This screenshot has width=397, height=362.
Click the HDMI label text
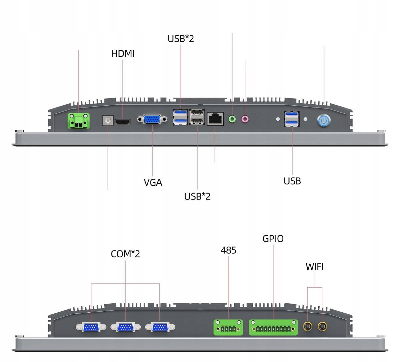point(123,54)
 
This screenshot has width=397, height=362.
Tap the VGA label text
point(153,182)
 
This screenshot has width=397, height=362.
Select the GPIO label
point(273,239)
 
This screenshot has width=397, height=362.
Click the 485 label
point(228,250)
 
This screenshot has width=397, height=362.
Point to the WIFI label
point(314,266)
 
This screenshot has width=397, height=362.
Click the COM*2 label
point(125,254)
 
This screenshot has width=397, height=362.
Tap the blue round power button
point(324,120)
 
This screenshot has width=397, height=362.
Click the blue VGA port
point(152,119)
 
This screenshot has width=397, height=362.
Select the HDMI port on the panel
point(122,122)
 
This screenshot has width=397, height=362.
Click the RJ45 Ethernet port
point(215,119)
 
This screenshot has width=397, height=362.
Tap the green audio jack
point(233,118)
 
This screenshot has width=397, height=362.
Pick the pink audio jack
point(245,119)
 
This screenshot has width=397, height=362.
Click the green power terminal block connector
point(79,120)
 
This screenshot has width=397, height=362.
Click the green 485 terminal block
point(228,327)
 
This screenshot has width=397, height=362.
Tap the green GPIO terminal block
point(273,327)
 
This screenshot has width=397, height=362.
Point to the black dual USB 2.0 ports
point(197,117)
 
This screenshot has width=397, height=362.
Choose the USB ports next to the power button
point(292,119)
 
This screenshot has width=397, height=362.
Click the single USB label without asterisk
point(292,181)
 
